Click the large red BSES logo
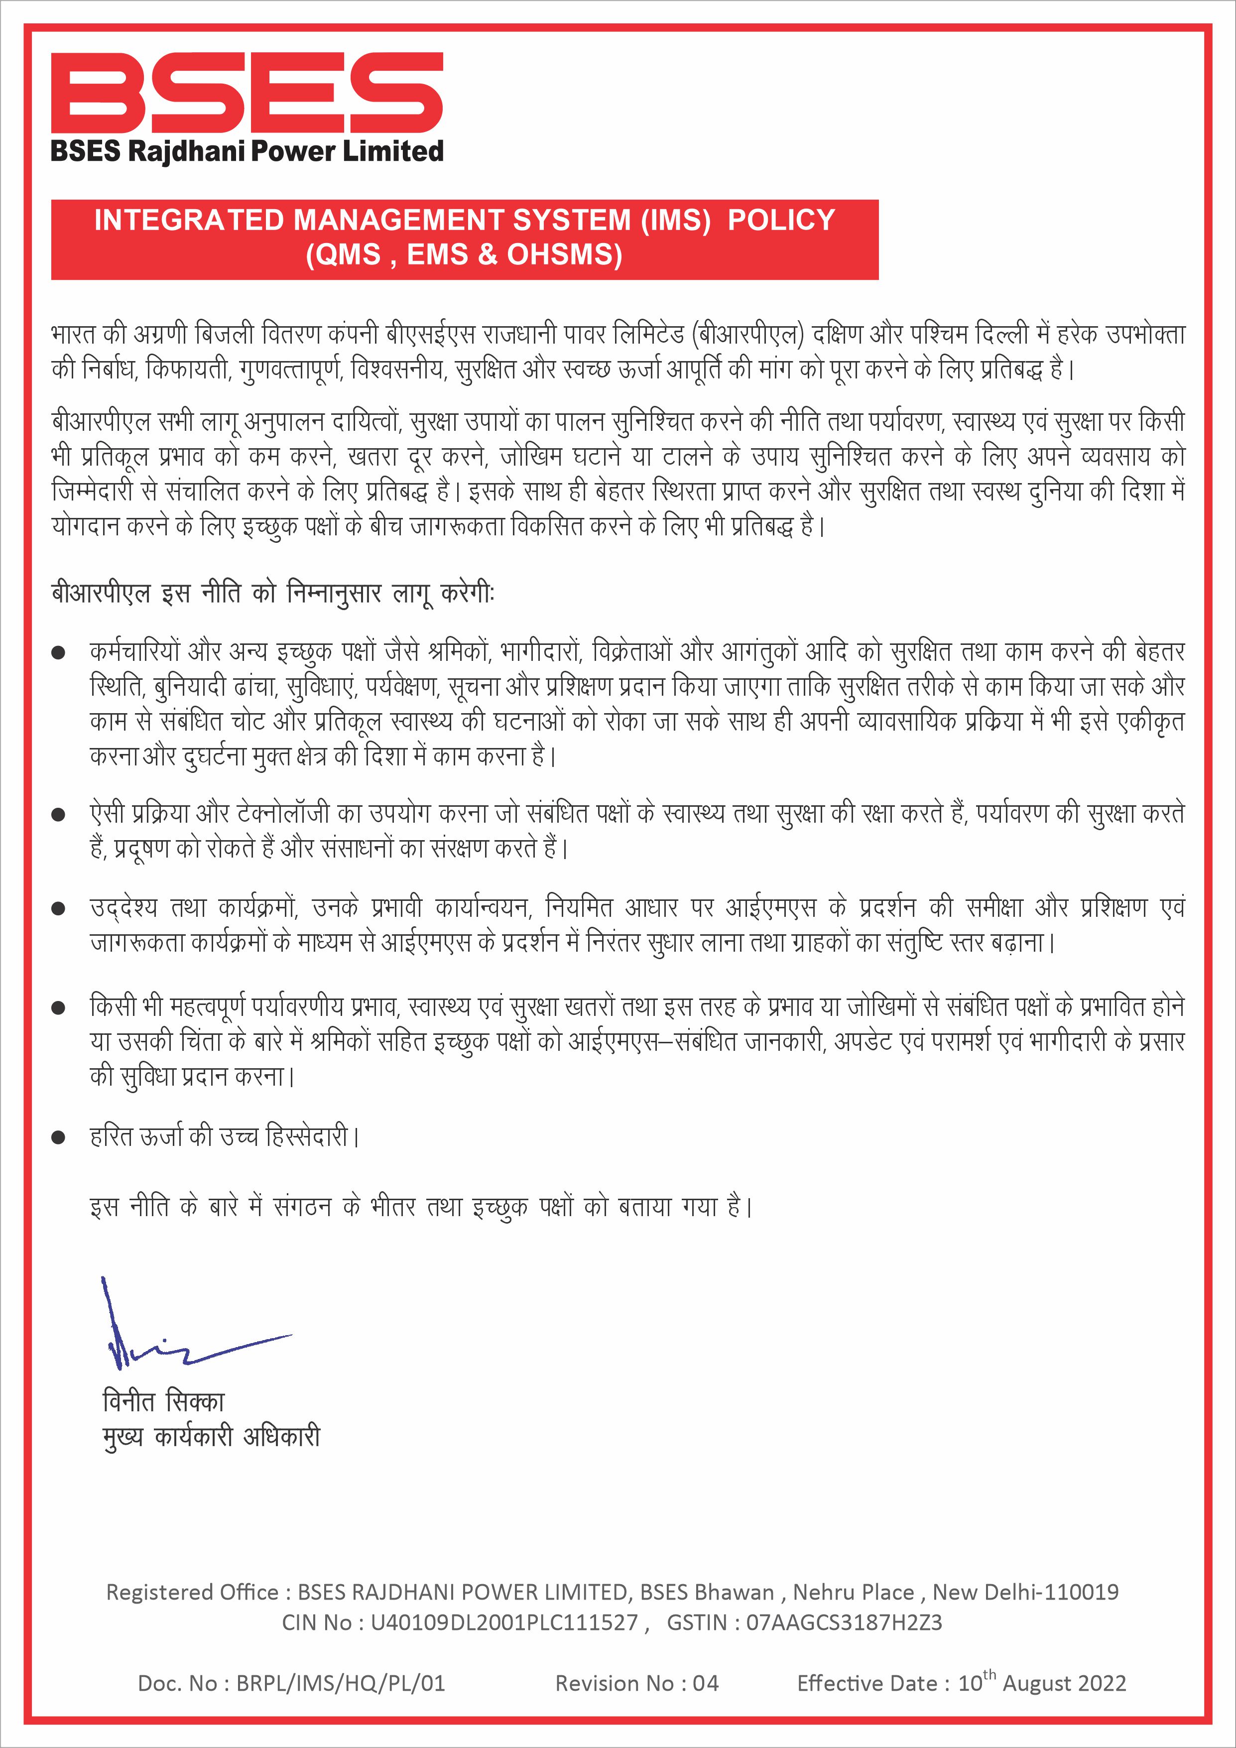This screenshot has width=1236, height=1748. pos(247,93)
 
